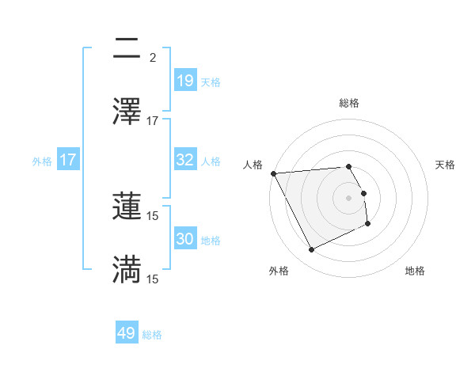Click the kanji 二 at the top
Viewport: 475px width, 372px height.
(x=127, y=49)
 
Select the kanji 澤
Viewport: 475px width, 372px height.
(x=127, y=112)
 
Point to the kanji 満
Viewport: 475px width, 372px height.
(x=127, y=269)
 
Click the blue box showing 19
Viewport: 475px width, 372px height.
(x=184, y=80)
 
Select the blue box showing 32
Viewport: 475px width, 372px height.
(x=184, y=160)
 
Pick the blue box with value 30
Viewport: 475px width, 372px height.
(x=184, y=239)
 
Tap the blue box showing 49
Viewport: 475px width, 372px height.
(x=127, y=333)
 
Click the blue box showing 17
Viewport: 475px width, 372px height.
(x=68, y=160)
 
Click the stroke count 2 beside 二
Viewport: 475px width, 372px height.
(x=153, y=58)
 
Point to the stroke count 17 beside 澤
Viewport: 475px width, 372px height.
(x=153, y=121)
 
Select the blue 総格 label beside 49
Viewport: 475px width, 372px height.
(x=152, y=335)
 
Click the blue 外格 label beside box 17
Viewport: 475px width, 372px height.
(x=42, y=161)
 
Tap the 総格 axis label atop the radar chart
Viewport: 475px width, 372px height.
(x=349, y=103)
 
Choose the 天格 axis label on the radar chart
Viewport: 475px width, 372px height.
(x=446, y=165)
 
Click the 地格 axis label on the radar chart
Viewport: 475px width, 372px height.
(x=415, y=271)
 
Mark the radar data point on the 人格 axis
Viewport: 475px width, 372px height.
(x=273, y=173)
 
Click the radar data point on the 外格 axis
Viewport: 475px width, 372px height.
(x=311, y=250)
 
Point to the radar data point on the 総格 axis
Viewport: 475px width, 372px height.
(x=349, y=166)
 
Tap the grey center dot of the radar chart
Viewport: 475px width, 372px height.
(x=349, y=197)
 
